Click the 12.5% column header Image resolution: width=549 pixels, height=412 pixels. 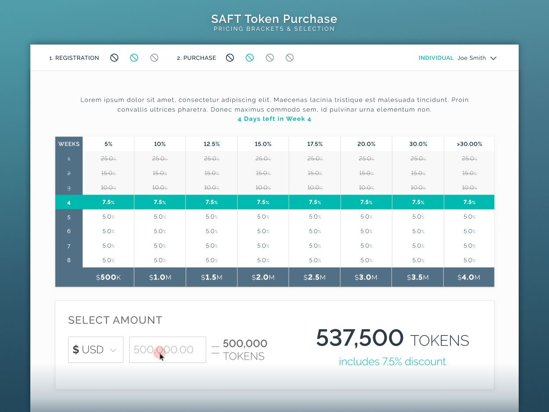[211, 144]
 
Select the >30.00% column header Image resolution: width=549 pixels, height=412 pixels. [469, 144]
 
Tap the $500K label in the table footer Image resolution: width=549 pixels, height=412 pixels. [108, 277]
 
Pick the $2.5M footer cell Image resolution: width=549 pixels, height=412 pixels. [315, 277]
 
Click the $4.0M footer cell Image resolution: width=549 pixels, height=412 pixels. [469, 277]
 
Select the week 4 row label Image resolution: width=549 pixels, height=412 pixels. [69, 202]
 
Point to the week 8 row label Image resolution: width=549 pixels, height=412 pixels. [69, 260]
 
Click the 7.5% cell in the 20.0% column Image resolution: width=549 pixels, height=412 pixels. [366, 202]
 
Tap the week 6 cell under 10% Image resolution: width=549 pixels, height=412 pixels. [160, 231]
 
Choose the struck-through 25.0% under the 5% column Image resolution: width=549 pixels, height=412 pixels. [108, 159]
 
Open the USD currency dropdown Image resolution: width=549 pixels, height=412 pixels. [95, 350]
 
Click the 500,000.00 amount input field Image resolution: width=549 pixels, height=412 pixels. [167, 350]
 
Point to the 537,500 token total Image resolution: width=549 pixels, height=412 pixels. [360, 338]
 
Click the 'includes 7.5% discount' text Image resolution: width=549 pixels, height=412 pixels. [392, 362]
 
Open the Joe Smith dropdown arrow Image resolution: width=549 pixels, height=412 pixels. [493, 58]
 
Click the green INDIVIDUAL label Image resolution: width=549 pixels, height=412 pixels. [436, 58]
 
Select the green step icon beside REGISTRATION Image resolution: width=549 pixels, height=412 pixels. [134, 58]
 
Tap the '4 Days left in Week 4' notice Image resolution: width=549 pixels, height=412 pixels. [274, 119]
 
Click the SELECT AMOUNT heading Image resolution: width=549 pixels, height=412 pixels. [115, 320]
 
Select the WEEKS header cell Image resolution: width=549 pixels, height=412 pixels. [69, 144]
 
